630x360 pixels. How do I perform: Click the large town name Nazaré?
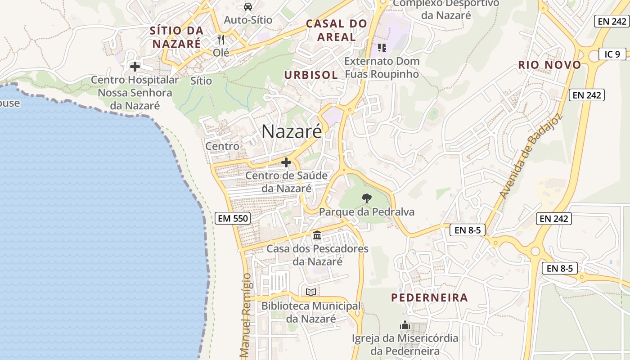(292, 131)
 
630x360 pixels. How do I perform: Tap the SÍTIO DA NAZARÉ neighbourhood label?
(176, 37)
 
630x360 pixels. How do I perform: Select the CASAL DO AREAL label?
(336, 30)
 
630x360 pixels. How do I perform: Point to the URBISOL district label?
(311, 75)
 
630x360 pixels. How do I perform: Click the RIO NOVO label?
(549, 65)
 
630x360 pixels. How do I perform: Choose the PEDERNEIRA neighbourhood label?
(429, 297)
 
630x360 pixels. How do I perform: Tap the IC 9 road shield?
(612, 54)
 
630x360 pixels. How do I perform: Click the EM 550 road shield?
(233, 218)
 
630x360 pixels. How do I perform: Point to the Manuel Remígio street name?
(245, 315)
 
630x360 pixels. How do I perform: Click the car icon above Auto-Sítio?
(247, 7)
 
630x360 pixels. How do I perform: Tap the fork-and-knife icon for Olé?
(220, 40)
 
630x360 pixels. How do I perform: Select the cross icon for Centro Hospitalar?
(135, 67)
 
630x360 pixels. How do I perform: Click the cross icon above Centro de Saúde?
(286, 162)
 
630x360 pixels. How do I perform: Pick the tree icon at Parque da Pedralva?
(367, 198)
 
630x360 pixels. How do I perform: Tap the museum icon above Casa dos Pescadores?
(317, 235)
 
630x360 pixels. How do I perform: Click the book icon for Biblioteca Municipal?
(311, 292)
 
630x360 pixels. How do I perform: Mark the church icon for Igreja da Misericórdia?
(405, 325)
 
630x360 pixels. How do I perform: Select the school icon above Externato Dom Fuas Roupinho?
(382, 47)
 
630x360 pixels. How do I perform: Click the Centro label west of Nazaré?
(222, 146)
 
